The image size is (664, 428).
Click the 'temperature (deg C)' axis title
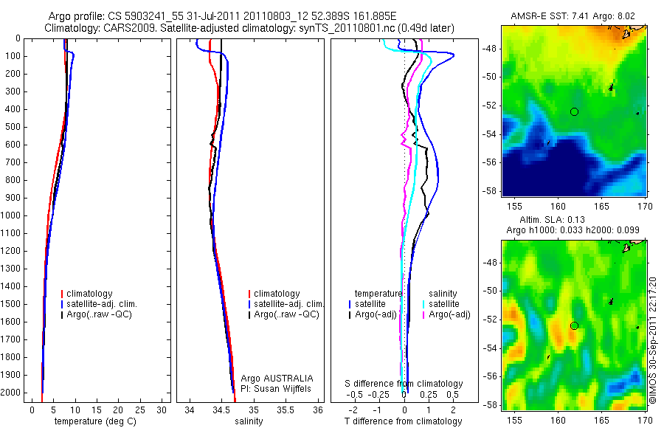point(95,421)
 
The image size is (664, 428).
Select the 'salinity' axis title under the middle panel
point(249,421)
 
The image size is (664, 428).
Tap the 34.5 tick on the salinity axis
point(221,410)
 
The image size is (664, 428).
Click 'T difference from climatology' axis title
point(403,421)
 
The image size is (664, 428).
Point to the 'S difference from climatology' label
point(404,384)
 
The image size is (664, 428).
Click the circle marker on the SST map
point(575,111)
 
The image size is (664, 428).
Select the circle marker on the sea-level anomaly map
point(575,325)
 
